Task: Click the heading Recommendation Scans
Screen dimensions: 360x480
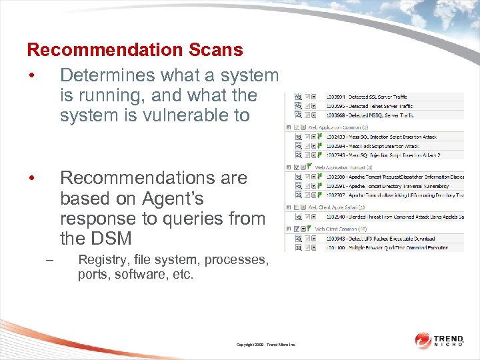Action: [135, 50]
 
